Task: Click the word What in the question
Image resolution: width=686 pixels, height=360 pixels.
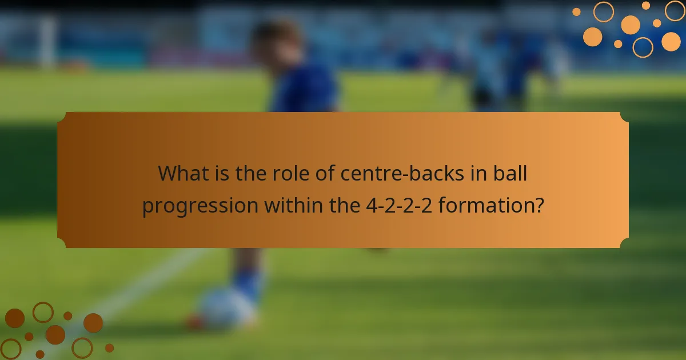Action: [x=182, y=173]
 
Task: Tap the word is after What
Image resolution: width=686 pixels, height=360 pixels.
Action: [x=224, y=173]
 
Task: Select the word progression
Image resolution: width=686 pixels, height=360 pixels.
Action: [x=200, y=205]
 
